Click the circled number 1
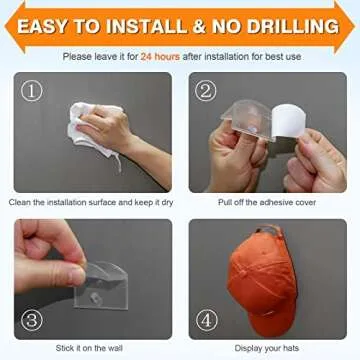click(x=32, y=90)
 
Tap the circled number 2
click(x=206, y=90)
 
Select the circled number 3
click(x=32, y=321)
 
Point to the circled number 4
click(x=207, y=321)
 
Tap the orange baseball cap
click(x=262, y=279)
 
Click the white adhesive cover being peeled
click(x=289, y=121)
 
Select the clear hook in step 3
click(x=103, y=286)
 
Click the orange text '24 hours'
click(x=160, y=56)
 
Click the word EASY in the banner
click(x=43, y=27)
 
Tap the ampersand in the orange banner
click(x=199, y=27)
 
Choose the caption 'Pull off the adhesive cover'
click(x=267, y=202)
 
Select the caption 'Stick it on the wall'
click(x=89, y=348)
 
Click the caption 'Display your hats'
click(x=267, y=349)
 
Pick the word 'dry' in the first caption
click(x=166, y=203)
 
